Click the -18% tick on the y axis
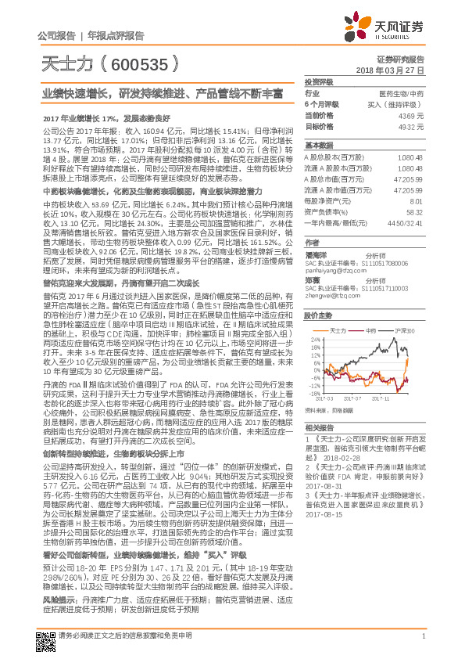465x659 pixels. (313, 394)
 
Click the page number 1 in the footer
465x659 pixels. (423, 646)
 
